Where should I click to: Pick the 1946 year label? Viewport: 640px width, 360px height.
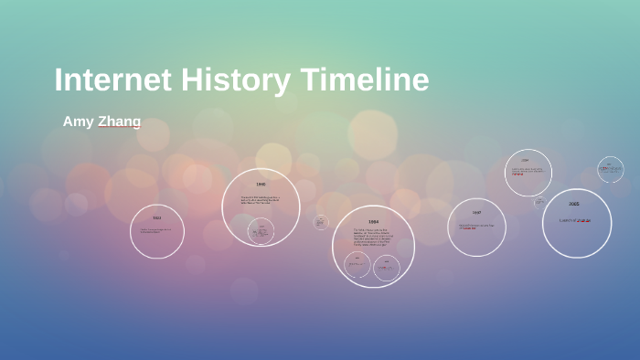[x=261, y=185]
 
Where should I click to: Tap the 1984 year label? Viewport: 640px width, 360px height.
[x=373, y=222]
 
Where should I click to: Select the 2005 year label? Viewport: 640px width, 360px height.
[x=573, y=204]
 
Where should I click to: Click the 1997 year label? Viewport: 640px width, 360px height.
[x=476, y=213]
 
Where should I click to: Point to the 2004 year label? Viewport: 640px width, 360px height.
[x=526, y=160]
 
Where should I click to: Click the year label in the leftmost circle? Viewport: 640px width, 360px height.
[x=156, y=217]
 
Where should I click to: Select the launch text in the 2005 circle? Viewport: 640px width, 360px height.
[x=575, y=220]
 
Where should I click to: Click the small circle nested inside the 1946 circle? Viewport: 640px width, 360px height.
[x=261, y=231]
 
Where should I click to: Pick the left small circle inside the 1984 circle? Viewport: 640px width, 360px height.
[x=357, y=265]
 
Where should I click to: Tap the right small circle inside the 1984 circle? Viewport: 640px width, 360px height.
[x=387, y=266]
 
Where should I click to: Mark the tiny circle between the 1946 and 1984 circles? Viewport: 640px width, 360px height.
[x=321, y=222]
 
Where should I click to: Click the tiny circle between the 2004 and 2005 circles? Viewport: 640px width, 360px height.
[x=539, y=201]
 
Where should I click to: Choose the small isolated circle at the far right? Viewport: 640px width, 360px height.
[x=611, y=169]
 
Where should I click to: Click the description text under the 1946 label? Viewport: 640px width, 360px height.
[x=260, y=200]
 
